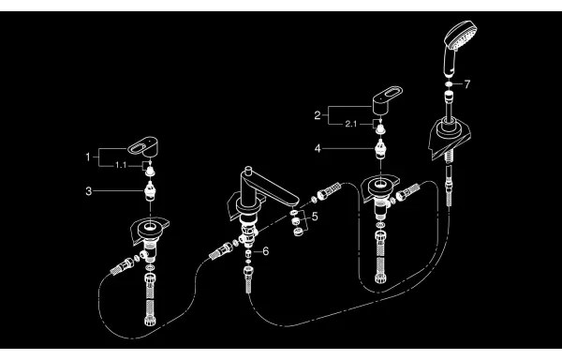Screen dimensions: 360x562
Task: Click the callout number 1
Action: tap(89, 155)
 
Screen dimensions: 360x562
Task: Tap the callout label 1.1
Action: tap(119, 165)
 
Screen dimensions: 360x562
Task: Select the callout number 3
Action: tap(89, 190)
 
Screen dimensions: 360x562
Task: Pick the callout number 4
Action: tap(318, 147)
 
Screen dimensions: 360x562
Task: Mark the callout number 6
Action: tap(265, 251)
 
